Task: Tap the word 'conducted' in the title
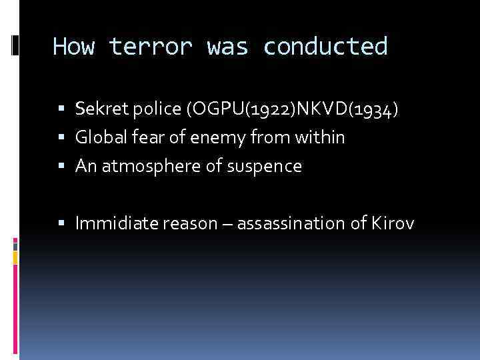click(325, 47)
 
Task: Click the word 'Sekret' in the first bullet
click(96, 109)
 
